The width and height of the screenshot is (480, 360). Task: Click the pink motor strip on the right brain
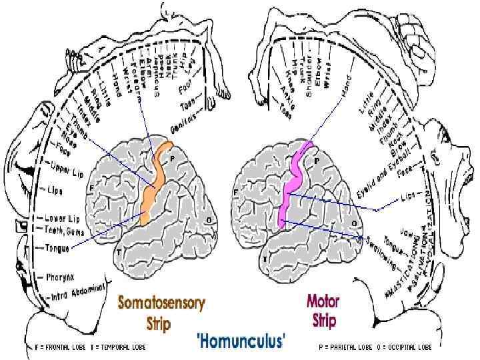pos(292,187)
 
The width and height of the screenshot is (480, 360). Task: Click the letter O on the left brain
pos(209,219)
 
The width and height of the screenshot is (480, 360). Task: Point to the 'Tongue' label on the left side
pos(58,247)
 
